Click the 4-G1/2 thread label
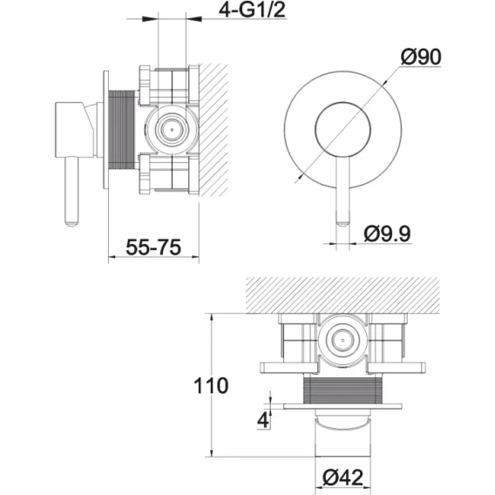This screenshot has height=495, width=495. point(252,10)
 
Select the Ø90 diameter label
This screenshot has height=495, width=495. point(421,58)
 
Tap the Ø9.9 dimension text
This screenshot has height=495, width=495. point(387,234)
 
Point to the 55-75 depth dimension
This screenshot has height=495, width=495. point(153,247)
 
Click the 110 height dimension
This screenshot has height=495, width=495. point(211,385)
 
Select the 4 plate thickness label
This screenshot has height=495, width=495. point(263,420)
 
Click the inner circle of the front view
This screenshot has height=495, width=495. point(342,102)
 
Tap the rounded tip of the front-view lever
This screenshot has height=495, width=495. point(342,223)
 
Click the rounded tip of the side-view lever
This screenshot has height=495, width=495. point(71,223)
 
